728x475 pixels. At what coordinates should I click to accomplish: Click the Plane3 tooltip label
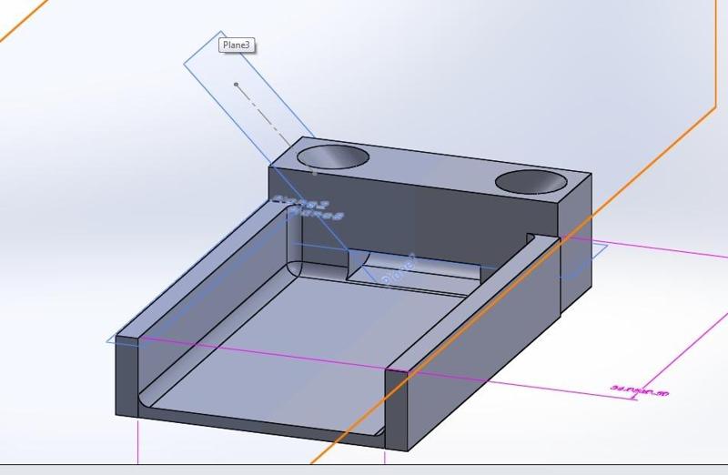(236, 45)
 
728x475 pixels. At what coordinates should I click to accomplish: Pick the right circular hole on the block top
(531, 182)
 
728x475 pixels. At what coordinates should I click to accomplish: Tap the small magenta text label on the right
(639, 390)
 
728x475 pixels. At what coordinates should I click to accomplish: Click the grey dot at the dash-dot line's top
(236, 85)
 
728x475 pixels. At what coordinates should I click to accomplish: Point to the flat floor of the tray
(300, 346)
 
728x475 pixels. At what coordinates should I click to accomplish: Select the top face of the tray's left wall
(200, 273)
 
